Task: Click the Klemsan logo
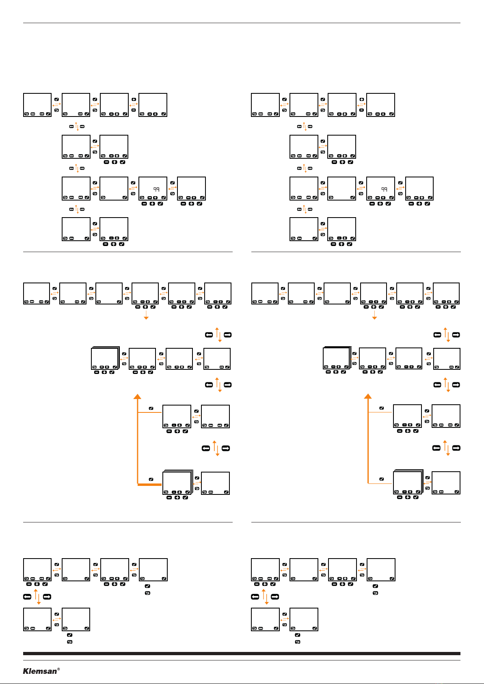point(40,671)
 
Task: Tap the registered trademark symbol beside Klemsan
point(58,669)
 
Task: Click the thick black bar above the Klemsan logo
point(242,654)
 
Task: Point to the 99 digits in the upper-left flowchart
point(156,189)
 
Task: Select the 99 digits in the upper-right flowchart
point(384,189)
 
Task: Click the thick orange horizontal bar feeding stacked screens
point(150,484)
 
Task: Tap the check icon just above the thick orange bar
point(151,479)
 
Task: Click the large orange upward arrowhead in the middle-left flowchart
point(138,396)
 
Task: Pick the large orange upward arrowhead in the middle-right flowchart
point(368,396)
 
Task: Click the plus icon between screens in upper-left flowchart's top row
point(134,99)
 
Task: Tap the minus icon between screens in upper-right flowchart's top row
point(361,110)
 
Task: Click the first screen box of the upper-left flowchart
point(37,105)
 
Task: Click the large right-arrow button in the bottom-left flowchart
point(47,597)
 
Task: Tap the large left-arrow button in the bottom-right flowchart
point(255,597)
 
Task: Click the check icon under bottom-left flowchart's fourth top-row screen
point(147,586)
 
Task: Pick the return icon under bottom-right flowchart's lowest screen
point(297,642)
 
